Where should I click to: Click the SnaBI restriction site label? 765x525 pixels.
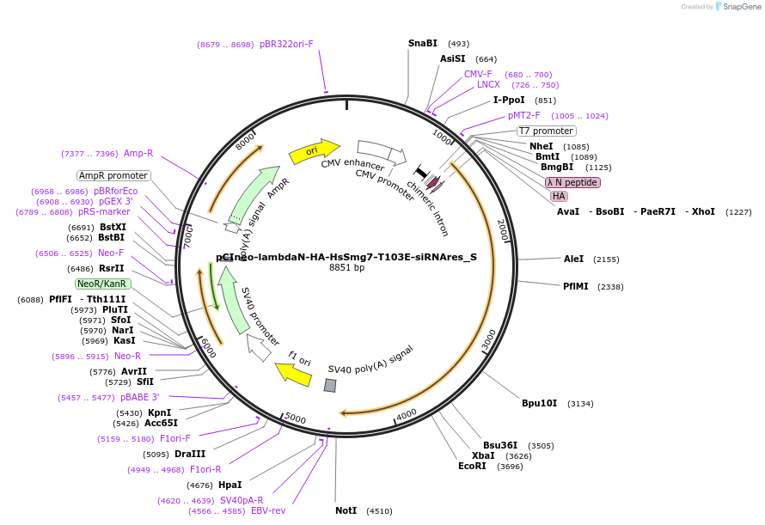click(422, 43)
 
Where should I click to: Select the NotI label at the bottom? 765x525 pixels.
click(346, 510)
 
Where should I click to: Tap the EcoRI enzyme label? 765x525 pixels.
click(472, 467)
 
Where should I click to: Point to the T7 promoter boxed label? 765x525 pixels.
click(546, 131)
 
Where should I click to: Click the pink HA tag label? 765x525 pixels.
click(559, 196)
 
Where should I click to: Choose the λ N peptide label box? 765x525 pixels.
click(572, 182)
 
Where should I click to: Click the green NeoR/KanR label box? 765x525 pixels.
click(102, 284)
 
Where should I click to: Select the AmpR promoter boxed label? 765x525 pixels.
click(113, 175)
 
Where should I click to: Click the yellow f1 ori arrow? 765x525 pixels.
click(293, 374)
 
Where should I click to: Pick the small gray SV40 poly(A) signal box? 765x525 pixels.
click(330, 386)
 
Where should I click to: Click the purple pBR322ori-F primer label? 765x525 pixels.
click(286, 44)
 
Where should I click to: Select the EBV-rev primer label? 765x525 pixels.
click(268, 510)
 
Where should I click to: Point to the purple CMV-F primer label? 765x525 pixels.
click(478, 74)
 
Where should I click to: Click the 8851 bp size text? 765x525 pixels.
click(346, 268)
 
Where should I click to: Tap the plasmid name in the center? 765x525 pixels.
click(346, 256)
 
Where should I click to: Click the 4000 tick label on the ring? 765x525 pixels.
click(406, 412)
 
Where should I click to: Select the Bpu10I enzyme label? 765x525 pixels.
click(539, 403)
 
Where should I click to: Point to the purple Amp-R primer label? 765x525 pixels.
click(138, 153)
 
